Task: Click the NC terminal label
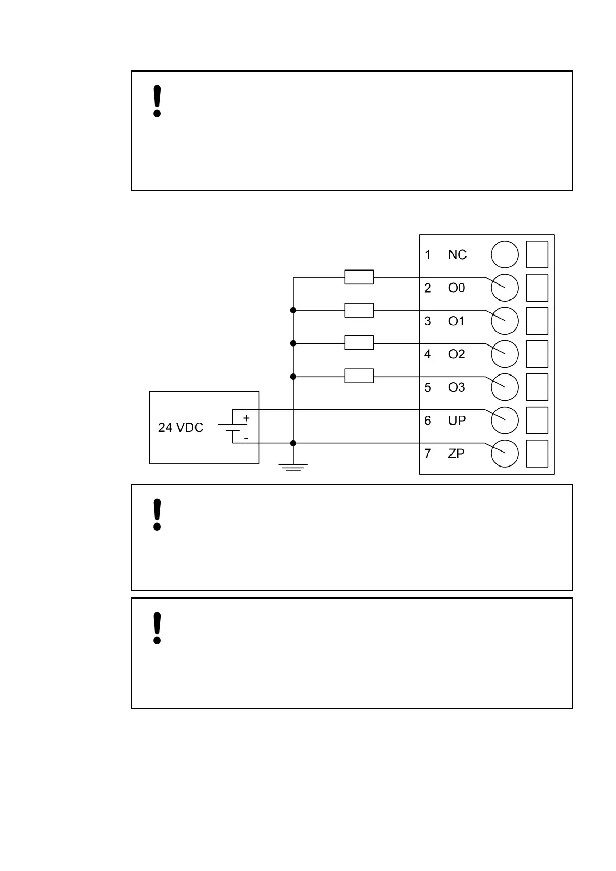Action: point(457,255)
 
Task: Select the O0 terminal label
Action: point(456,288)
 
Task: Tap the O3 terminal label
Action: point(456,387)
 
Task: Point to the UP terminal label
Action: point(457,421)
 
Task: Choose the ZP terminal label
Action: point(456,454)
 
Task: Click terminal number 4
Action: point(427,354)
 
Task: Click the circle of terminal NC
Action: point(504,255)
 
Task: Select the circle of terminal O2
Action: point(504,354)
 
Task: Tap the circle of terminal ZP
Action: point(504,454)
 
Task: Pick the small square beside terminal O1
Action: point(537,321)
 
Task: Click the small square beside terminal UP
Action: point(537,420)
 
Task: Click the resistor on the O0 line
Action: point(359,277)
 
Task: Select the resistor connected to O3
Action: point(359,376)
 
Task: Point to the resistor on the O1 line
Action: point(359,310)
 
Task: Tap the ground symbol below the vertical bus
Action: point(293,468)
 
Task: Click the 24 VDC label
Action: point(181,428)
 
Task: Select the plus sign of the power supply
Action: point(246,418)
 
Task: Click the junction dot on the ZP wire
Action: point(293,443)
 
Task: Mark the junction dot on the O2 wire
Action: point(293,343)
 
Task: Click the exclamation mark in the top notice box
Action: point(157,102)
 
